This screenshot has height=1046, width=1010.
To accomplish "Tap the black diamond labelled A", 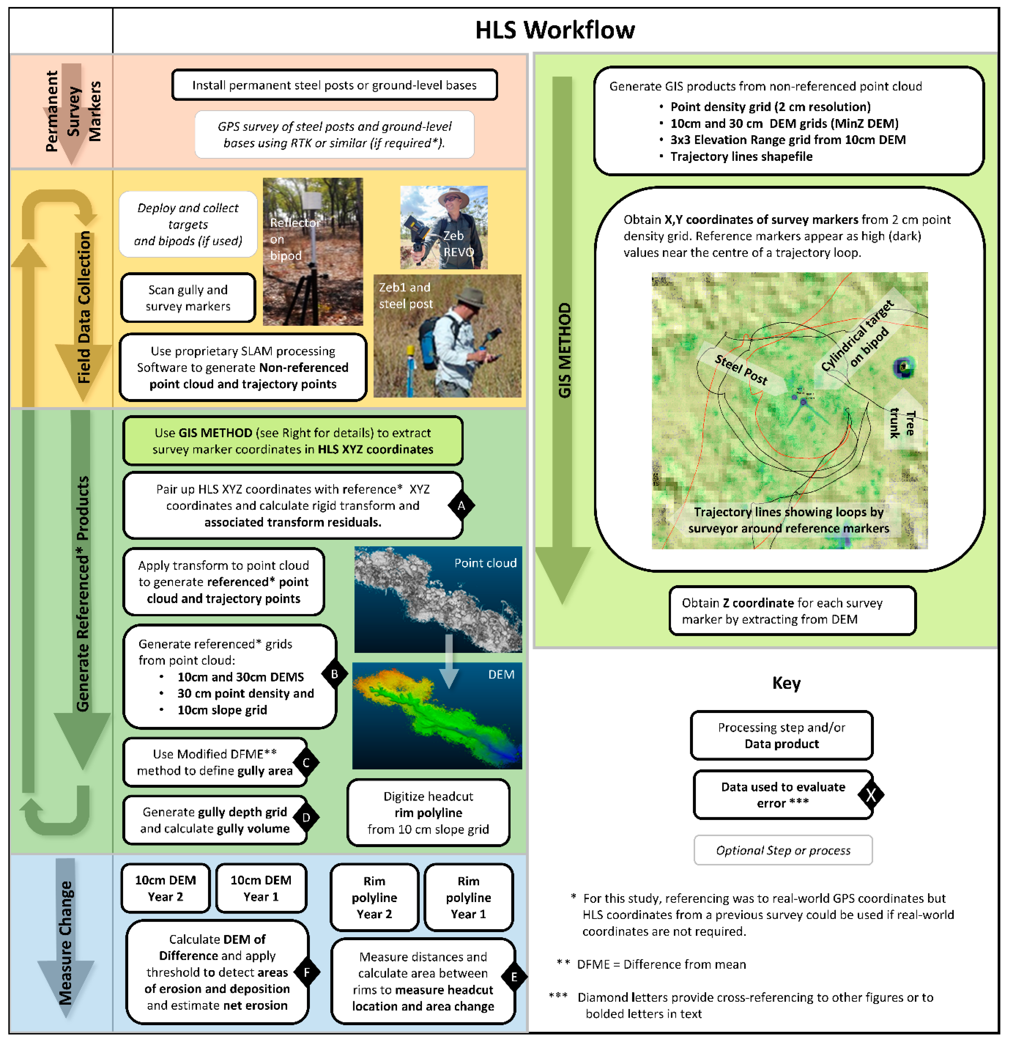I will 461,505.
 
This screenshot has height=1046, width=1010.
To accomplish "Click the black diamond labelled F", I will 307,972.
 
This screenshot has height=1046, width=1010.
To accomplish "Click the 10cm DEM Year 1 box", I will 261,888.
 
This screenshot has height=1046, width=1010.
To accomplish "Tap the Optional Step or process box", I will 783,850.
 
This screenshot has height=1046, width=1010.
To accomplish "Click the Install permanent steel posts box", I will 335,85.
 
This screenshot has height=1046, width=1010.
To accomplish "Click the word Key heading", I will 786,683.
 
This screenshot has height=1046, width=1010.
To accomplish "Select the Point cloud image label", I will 485,563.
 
